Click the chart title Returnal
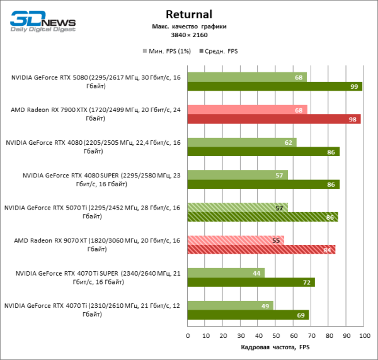click(188, 14)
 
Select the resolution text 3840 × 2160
click(189, 36)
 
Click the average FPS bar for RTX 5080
click(275, 86)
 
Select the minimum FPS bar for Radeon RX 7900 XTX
click(247, 110)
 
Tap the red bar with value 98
click(274, 119)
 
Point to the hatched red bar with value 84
click(261, 250)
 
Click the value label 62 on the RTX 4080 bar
click(289, 142)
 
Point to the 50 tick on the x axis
click(276, 336)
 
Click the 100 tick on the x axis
click(364, 336)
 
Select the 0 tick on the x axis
click(188, 336)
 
